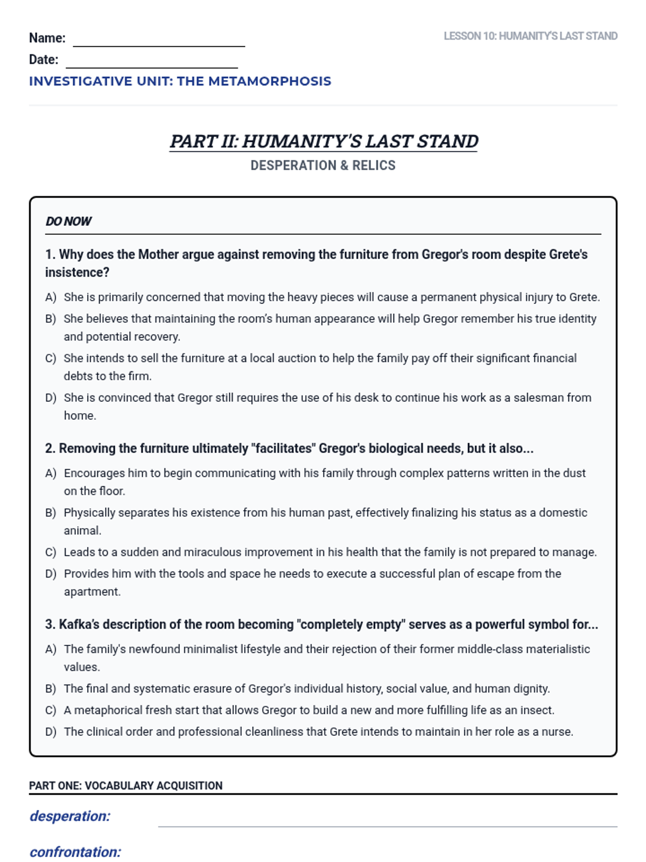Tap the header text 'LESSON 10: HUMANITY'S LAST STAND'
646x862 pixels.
pos(530,36)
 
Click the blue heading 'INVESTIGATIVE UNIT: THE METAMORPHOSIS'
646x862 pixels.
pos(180,81)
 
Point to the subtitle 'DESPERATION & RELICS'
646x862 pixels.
pos(323,165)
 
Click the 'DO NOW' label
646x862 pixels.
pos(68,221)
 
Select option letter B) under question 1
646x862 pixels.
pos(51,319)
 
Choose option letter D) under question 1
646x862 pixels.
pos(51,398)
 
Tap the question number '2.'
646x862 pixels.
pos(50,448)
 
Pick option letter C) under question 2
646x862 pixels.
pos(51,552)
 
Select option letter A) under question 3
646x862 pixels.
pos(51,649)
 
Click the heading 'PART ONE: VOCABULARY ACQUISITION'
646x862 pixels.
pos(125,785)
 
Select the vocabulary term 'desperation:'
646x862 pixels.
pos(70,816)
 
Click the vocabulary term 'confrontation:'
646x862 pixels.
pos(75,852)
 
